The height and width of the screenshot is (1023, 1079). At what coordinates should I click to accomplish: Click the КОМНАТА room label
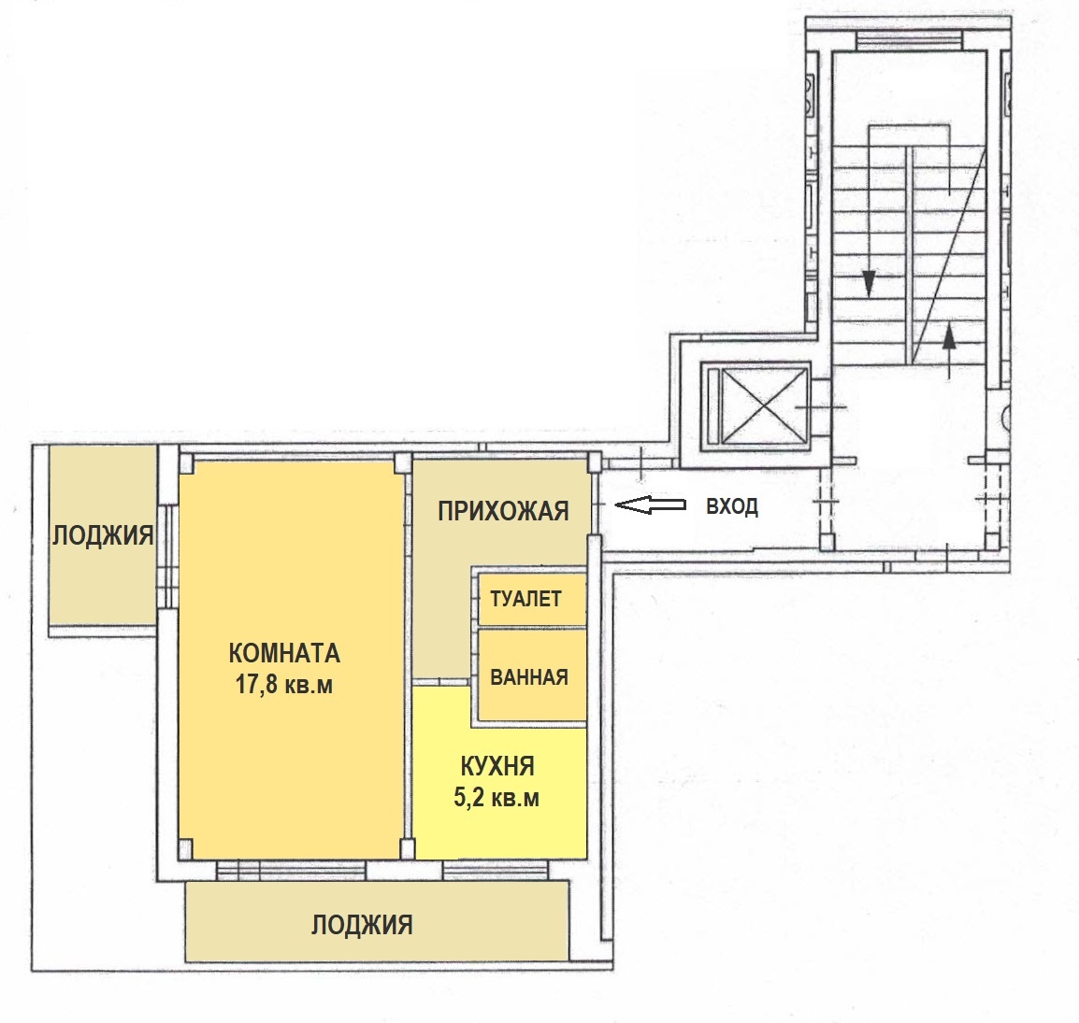click(284, 653)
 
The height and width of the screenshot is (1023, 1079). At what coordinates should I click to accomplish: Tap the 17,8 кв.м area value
click(284, 685)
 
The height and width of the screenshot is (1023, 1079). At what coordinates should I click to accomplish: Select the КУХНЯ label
click(496, 766)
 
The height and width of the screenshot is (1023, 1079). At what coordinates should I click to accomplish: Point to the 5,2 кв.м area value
click(496, 797)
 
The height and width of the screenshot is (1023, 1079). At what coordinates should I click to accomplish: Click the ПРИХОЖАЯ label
click(503, 512)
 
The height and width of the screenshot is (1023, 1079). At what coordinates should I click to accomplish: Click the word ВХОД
click(732, 506)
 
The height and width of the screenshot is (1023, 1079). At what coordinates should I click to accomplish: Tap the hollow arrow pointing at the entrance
click(650, 505)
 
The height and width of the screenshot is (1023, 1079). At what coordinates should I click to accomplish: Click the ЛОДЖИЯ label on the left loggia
click(103, 535)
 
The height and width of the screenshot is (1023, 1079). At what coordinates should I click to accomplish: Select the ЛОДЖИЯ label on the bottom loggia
click(362, 925)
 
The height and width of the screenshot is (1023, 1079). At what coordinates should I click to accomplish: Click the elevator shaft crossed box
click(755, 405)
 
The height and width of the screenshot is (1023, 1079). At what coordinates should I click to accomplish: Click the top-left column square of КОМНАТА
click(184, 463)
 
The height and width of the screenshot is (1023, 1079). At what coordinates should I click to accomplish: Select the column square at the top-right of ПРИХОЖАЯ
click(595, 462)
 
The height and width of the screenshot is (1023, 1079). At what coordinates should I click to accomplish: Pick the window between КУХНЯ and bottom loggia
click(496, 870)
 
